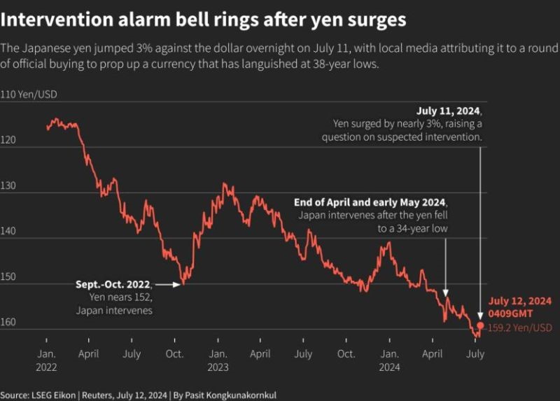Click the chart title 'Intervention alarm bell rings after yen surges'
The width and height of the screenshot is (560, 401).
tap(204, 20)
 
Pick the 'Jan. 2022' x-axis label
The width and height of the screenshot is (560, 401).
tap(46, 360)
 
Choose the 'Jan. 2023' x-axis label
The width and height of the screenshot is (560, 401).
tap(218, 360)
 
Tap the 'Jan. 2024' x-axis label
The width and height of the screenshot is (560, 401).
tap(390, 360)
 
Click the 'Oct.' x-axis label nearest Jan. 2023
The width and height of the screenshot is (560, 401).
tap(174, 354)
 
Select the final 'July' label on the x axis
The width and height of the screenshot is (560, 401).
tap(475, 354)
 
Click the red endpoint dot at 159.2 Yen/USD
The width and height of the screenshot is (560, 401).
tap(480, 326)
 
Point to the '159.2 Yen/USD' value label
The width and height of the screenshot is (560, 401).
tap(519, 328)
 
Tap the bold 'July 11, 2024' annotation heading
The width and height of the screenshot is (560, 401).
tap(449, 111)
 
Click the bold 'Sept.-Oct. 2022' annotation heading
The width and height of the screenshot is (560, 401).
tap(113, 285)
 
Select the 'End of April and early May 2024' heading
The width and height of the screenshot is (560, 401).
tap(370, 202)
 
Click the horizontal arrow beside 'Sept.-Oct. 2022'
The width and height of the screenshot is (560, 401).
tap(167, 285)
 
